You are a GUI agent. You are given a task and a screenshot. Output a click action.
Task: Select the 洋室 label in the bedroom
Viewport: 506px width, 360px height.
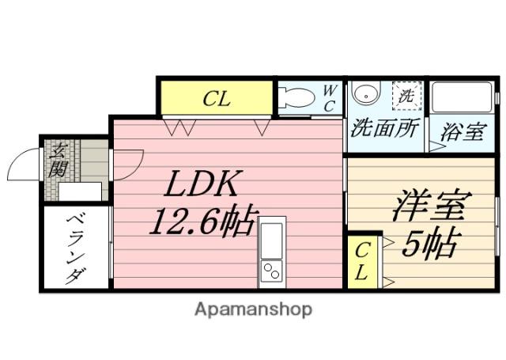[432, 206]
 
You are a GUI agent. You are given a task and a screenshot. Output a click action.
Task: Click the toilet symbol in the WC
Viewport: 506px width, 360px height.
[297, 97]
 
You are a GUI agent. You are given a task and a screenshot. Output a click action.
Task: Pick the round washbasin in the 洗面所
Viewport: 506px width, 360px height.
[366, 93]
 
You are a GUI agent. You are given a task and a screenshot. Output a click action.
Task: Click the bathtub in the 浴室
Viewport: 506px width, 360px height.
[462, 97]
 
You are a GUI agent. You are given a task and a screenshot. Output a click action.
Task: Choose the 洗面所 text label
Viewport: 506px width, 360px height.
[385, 128]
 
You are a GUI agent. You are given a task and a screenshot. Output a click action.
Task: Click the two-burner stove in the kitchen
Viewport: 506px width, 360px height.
[271, 271]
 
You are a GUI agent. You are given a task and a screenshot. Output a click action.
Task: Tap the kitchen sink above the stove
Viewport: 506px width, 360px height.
[271, 241]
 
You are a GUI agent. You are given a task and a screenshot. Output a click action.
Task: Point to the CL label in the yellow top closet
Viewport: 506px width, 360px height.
[217, 99]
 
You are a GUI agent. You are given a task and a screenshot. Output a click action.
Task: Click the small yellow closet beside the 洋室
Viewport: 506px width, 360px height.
[363, 262]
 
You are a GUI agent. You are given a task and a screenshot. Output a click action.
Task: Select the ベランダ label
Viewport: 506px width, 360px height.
[76, 248]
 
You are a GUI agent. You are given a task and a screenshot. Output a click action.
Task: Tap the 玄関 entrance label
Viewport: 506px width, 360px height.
[58, 161]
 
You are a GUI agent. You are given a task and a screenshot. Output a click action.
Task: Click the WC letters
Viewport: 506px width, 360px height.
[329, 98]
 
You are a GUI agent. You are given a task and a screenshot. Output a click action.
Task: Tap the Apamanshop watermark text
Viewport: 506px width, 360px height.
[253, 309]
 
